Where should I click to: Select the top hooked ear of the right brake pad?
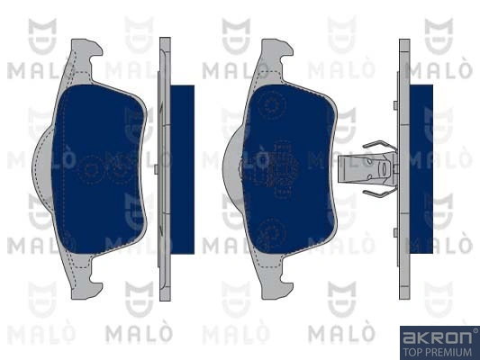[x=273, y=55]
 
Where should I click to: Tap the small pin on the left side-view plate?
[x=157, y=168]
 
